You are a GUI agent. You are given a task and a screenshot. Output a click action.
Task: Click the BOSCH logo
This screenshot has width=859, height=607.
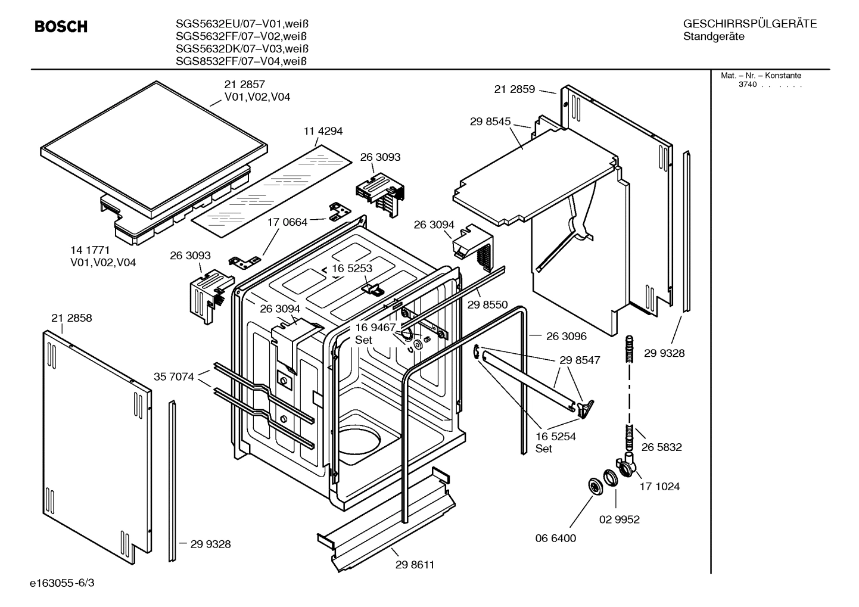coord(61,27)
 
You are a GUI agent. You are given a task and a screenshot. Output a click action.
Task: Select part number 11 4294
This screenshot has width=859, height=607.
coord(323,131)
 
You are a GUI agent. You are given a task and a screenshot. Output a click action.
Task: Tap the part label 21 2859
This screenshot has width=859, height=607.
coord(515,89)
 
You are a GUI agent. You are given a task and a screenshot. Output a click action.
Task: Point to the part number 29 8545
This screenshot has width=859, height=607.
coord(490,122)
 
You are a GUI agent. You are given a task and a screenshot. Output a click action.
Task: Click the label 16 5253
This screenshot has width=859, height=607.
coord(352,268)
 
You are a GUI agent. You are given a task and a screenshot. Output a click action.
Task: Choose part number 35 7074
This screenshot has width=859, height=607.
coord(174,376)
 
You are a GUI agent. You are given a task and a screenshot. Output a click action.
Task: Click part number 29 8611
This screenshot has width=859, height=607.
coord(415,565)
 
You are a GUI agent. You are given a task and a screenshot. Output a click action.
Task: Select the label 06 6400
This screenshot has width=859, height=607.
coord(556,538)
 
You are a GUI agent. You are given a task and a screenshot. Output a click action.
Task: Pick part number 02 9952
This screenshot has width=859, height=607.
coord(619,519)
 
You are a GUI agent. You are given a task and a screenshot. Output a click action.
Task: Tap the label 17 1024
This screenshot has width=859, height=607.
coord(659,486)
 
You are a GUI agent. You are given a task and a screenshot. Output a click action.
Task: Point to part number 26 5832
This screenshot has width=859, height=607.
coord(661,447)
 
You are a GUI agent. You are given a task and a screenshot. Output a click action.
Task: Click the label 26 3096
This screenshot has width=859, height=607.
coord(566,336)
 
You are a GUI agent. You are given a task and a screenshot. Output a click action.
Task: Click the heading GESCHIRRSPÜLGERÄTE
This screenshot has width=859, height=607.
coord(749,24)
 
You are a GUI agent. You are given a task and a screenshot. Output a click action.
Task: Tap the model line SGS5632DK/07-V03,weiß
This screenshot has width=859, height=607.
coord(242,48)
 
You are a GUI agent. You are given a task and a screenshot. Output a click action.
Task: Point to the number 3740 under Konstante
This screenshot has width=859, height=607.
coord(747,85)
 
